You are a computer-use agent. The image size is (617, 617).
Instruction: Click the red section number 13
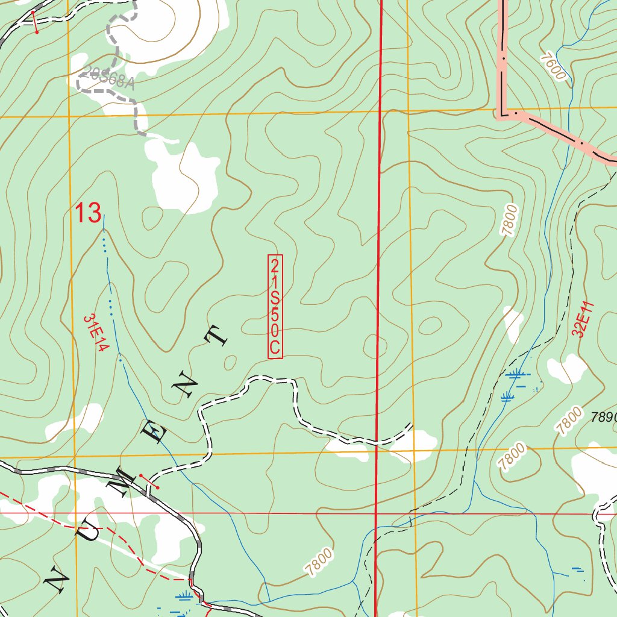[x=88, y=213]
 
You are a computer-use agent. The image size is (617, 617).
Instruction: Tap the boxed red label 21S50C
[x=275, y=307]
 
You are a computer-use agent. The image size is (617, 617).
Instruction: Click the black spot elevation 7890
[x=603, y=417]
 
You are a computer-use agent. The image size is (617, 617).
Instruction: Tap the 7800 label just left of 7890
[x=569, y=421]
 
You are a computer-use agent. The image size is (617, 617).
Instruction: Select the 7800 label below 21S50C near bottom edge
[x=319, y=562]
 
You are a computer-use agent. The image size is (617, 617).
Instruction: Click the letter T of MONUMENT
[x=216, y=338]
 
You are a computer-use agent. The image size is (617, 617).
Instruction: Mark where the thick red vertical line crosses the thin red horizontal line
[x=376, y=514]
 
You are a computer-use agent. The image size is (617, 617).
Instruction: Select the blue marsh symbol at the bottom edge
[x=184, y=596]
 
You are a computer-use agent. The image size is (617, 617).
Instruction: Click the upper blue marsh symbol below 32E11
[x=516, y=375]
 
